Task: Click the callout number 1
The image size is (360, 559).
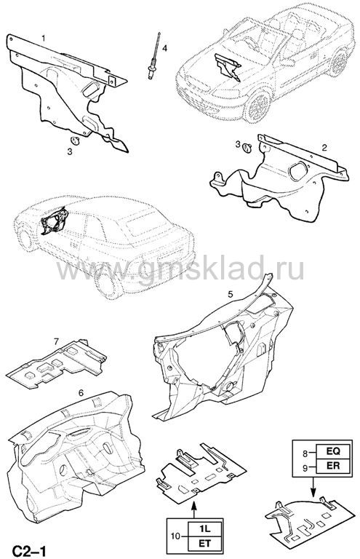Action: click(44, 38)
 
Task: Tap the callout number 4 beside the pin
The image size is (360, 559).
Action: click(164, 48)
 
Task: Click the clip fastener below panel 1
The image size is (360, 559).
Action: click(76, 140)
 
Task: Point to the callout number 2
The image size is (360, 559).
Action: click(324, 147)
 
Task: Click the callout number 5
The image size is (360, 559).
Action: click(231, 294)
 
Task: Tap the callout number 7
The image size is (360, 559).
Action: click(56, 341)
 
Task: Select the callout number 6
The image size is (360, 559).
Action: click(81, 393)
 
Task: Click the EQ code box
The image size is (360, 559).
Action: click(334, 451)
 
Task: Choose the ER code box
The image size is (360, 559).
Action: click(334, 466)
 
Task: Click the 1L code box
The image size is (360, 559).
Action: click(206, 528)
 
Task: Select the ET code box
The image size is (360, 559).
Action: click(206, 543)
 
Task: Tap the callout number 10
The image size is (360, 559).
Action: click(176, 536)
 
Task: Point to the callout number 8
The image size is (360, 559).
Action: click(305, 454)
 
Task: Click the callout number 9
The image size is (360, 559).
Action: click(305, 468)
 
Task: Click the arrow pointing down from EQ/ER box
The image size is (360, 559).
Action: click(313, 487)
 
